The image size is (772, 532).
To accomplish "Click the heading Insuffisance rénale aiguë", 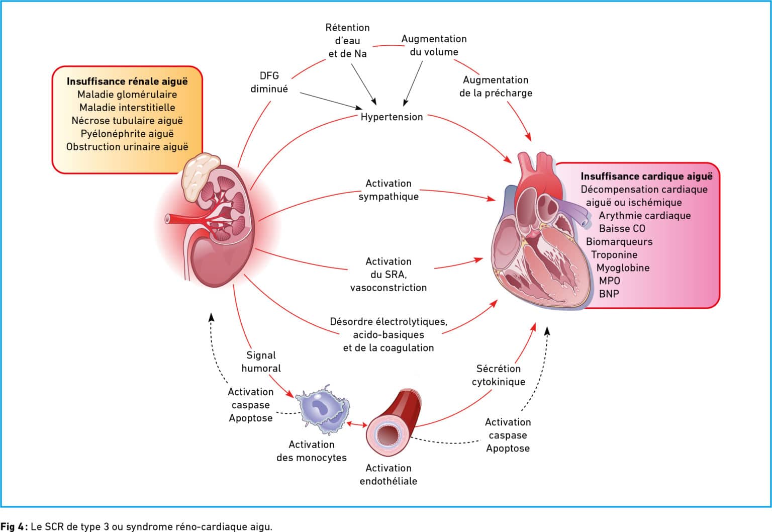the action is (x=127, y=81).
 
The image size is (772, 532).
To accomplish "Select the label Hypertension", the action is (x=392, y=117).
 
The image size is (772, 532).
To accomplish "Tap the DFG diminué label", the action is (x=269, y=82).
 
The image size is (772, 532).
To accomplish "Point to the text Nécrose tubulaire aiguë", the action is (x=127, y=121).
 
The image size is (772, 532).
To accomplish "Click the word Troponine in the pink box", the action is (x=614, y=255).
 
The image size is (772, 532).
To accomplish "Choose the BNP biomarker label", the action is (x=609, y=294).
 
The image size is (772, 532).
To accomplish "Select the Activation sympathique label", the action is (x=389, y=190).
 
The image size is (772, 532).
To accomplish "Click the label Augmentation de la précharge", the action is (x=496, y=86).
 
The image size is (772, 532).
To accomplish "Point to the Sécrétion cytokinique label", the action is (x=499, y=375).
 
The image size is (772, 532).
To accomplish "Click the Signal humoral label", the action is (x=261, y=362).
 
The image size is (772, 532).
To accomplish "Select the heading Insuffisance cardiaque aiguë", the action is (x=646, y=176).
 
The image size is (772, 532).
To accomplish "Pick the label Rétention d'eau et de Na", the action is (x=347, y=41).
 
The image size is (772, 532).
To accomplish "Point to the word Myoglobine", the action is (x=623, y=268).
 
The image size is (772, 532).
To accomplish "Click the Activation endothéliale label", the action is (x=389, y=474).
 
